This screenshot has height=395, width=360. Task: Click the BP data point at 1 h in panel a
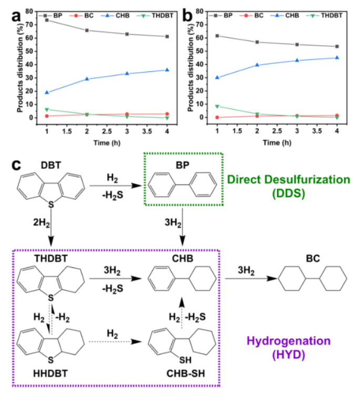point(47,20)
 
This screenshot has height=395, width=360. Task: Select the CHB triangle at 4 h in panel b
point(337,58)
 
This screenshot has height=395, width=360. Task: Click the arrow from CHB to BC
point(247,280)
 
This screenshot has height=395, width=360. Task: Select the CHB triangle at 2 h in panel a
point(87,79)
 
